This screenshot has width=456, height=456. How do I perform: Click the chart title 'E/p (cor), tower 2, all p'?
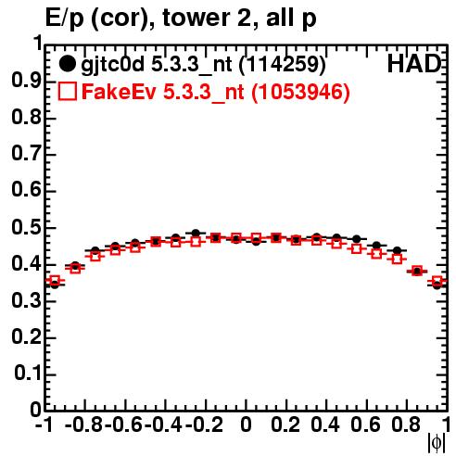(181, 18)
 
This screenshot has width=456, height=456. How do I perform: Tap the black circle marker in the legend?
(67, 64)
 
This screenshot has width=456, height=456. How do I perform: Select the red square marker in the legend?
(67, 91)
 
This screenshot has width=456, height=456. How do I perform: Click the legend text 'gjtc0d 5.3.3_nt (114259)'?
(203, 65)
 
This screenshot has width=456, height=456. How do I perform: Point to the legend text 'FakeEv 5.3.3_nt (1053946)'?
(216, 92)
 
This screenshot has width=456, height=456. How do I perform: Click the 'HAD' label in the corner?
(413, 64)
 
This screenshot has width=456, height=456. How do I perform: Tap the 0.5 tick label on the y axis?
(26, 228)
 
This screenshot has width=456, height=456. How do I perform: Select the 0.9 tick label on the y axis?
(26, 81)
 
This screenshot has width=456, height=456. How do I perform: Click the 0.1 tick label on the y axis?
(28, 374)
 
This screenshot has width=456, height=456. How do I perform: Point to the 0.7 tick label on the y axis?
(26, 154)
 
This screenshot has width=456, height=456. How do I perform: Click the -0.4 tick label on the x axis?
(163, 424)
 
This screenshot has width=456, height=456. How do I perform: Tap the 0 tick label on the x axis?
(246, 424)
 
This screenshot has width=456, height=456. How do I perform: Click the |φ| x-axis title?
(437, 443)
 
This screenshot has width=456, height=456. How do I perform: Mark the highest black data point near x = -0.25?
(196, 233)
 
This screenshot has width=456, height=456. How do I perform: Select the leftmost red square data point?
(55, 281)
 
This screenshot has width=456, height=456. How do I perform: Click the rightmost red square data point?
(437, 281)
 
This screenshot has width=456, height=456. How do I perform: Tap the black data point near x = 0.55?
(357, 239)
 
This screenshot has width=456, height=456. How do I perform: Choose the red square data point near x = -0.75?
(95, 256)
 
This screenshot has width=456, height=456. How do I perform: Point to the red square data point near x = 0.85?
(417, 271)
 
